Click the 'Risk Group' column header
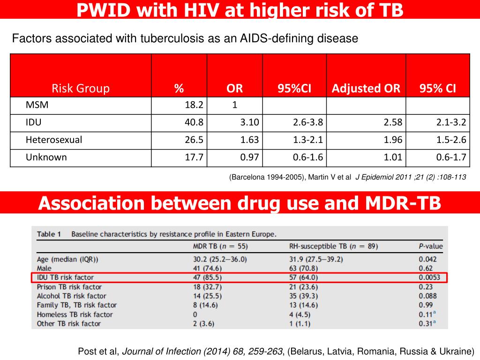point(81,89)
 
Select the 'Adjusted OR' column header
point(366,89)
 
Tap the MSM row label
point(37,105)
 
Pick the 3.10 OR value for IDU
point(249,122)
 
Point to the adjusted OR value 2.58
point(393,122)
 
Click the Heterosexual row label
point(54,140)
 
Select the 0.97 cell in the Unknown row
point(249,157)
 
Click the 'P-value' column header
point(430,246)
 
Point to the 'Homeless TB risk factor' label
point(75,314)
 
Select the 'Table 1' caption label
point(50,234)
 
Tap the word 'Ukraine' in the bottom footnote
point(457,351)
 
